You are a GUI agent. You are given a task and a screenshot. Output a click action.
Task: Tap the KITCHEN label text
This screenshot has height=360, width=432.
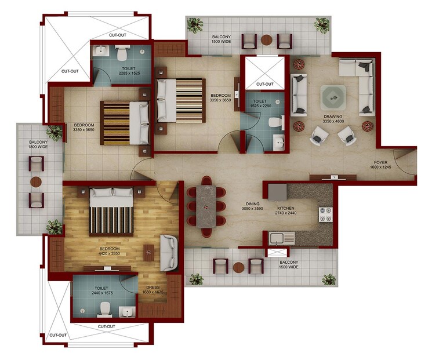point(286,208)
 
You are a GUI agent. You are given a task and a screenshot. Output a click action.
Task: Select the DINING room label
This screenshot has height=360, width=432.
point(252,204)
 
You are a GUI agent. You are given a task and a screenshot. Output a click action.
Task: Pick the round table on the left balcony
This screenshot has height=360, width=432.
point(36,181)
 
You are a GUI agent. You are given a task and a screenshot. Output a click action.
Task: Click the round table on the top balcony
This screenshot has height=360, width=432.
point(266,41)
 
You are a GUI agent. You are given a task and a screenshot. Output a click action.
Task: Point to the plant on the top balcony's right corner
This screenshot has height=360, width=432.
point(321,24)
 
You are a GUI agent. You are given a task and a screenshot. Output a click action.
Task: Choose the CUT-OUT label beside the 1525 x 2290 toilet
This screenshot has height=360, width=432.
point(264,83)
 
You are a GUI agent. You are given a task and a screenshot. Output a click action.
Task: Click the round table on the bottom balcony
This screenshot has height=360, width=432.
point(238,267)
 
